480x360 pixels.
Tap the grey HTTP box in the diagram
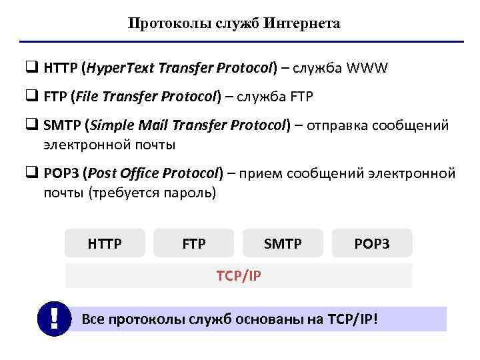pyautogui.click(x=105, y=244)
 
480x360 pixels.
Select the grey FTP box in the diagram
pyautogui.click(x=194, y=244)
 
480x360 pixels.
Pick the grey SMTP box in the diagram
pyautogui.click(x=283, y=244)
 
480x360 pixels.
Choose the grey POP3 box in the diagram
pyautogui.click(x=372, y=244)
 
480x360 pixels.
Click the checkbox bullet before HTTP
pyautogui.click(x=31, y=67)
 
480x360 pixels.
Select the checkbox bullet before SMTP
pyautogui.click(x=31, y=126)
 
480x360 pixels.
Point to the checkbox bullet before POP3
pyautogui.click(x=31, y=174)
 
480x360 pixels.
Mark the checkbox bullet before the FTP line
pyautogui.click(x=31, y=97)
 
